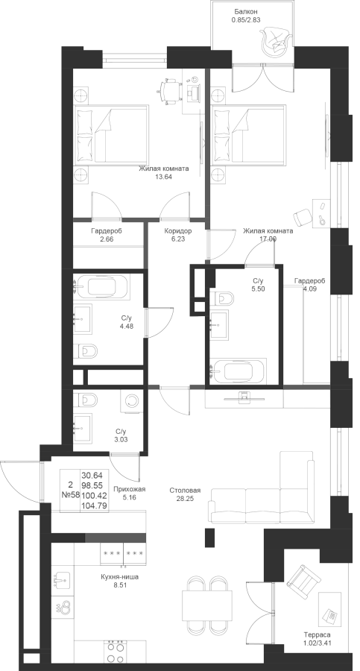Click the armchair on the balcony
coord(275,40)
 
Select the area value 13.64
coord(163,176)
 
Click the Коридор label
coord(178,231)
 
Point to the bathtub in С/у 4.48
coord(102,287)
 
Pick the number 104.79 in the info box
coord(95,506)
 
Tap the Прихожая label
coord(130,490)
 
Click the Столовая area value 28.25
coord(185,499)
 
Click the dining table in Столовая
coord(207,604)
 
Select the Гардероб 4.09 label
coord(309,281)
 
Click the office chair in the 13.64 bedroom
coord(168,91)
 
